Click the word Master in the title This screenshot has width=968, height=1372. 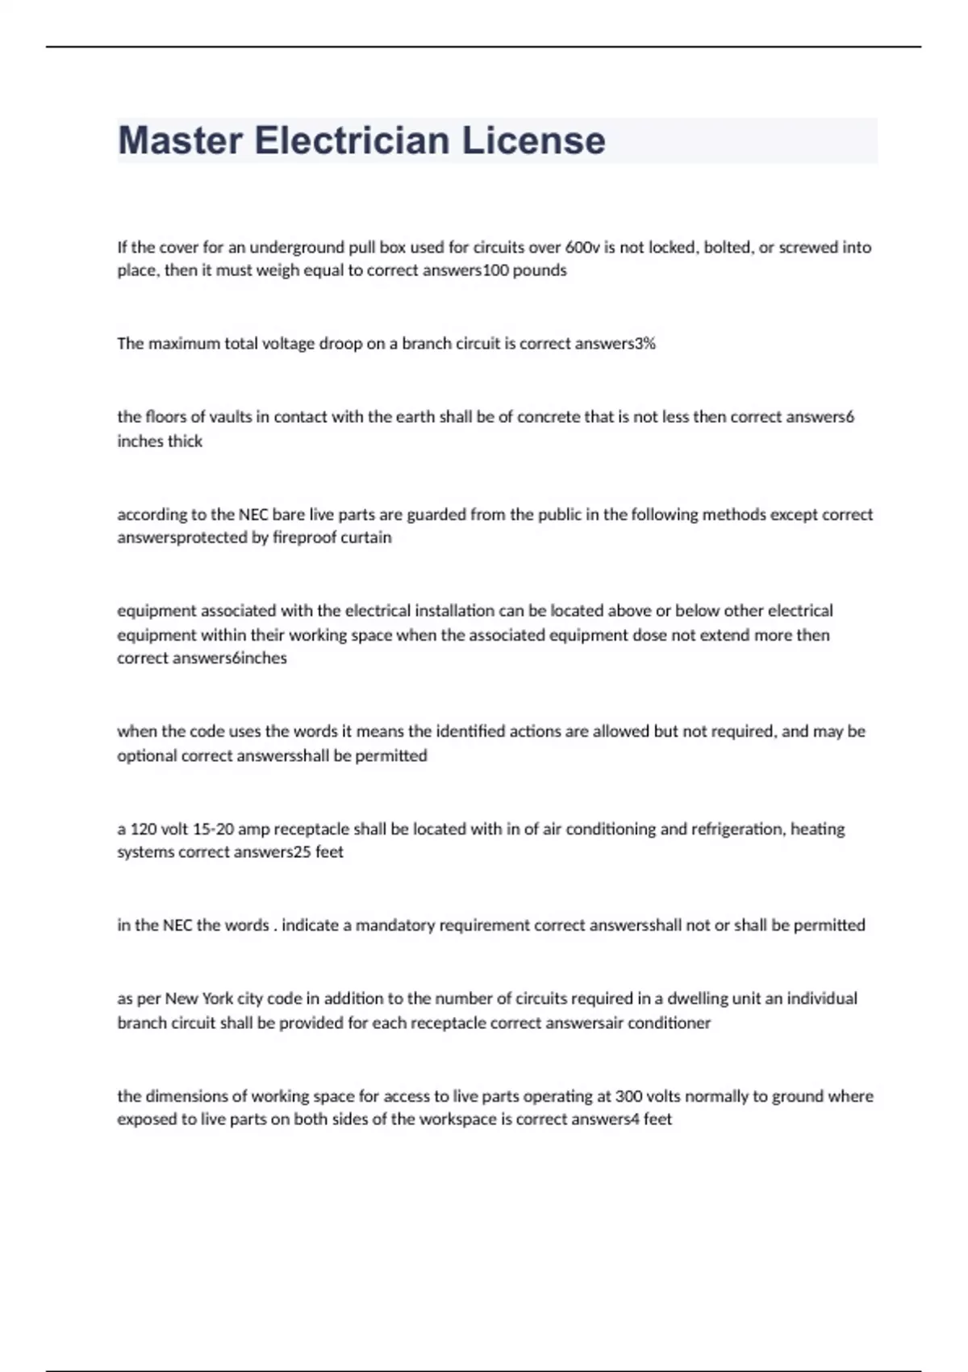point(180,140)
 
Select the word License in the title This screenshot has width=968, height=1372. point(533,140)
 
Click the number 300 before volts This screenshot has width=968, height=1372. point(629,1097)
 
